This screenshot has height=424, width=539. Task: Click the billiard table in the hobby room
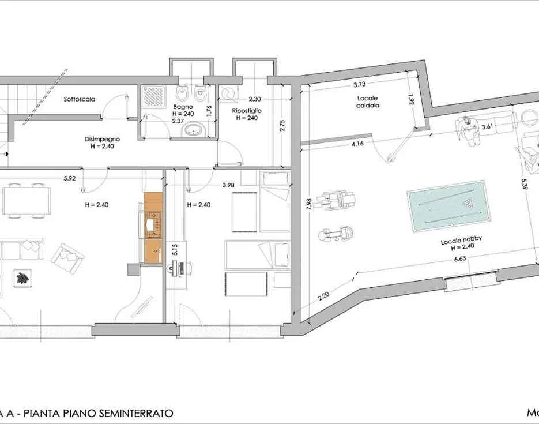(447, 204)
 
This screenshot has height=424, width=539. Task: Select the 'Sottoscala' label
(80, 99)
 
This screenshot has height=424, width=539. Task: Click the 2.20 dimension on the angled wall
(323, 298)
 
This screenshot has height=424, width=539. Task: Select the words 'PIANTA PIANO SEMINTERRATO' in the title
(96, 413)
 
